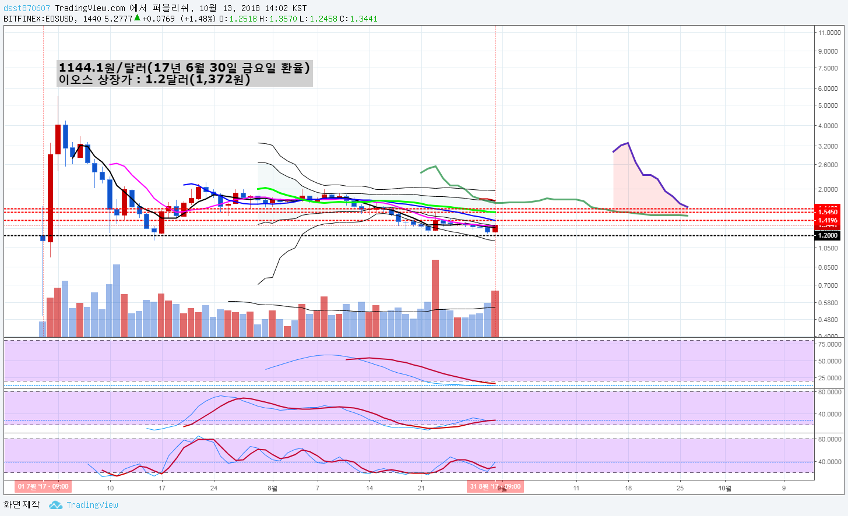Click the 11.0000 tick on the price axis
[829, 33]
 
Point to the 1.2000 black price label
[828, 235]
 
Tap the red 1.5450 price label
[828, 212]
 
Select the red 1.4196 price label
[828, 220]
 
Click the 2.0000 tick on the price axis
[828, 189]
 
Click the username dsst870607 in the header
[27, 8]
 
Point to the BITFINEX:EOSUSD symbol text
[38, 19]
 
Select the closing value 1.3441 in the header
[364, 19]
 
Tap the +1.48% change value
[198, 19]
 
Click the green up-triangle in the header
[137, 17]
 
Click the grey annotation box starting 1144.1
[184, 73]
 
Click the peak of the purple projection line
[628, 143]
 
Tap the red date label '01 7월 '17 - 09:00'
[43, 486]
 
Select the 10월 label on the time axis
[724, 488]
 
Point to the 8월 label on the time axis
[272, 488]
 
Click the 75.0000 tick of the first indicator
[829, 344]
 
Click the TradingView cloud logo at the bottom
[56, 505]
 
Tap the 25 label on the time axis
[680, 488]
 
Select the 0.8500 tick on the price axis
[828, 267]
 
